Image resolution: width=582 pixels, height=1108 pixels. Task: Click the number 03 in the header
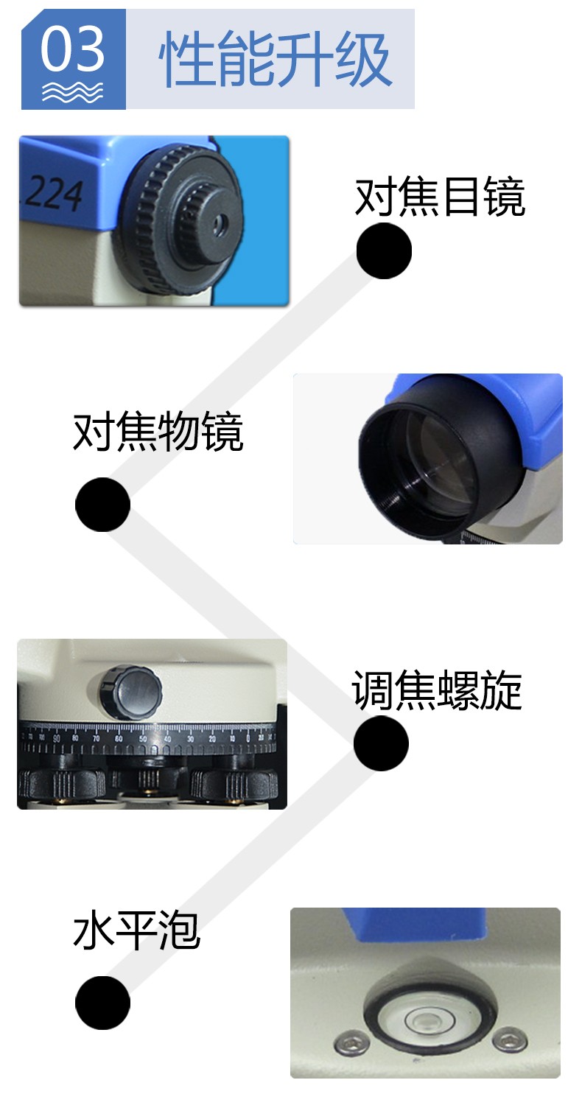(72, 49)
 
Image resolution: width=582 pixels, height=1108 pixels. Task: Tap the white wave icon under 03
(72, 92)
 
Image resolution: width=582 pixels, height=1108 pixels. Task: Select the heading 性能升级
(275, 59)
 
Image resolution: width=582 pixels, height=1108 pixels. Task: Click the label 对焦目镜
(440, 197)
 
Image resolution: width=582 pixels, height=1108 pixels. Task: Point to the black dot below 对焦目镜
(384, 250)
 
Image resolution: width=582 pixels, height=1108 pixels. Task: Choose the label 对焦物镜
(158, 431)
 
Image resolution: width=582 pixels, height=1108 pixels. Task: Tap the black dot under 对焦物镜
(102, 505)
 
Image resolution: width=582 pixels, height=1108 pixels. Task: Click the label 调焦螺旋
(437, 690)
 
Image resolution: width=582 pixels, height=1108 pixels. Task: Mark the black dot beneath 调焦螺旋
(381, 743)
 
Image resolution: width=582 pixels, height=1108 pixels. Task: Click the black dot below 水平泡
(102, 1003)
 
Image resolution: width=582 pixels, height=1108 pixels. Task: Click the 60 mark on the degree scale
(119, 739)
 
